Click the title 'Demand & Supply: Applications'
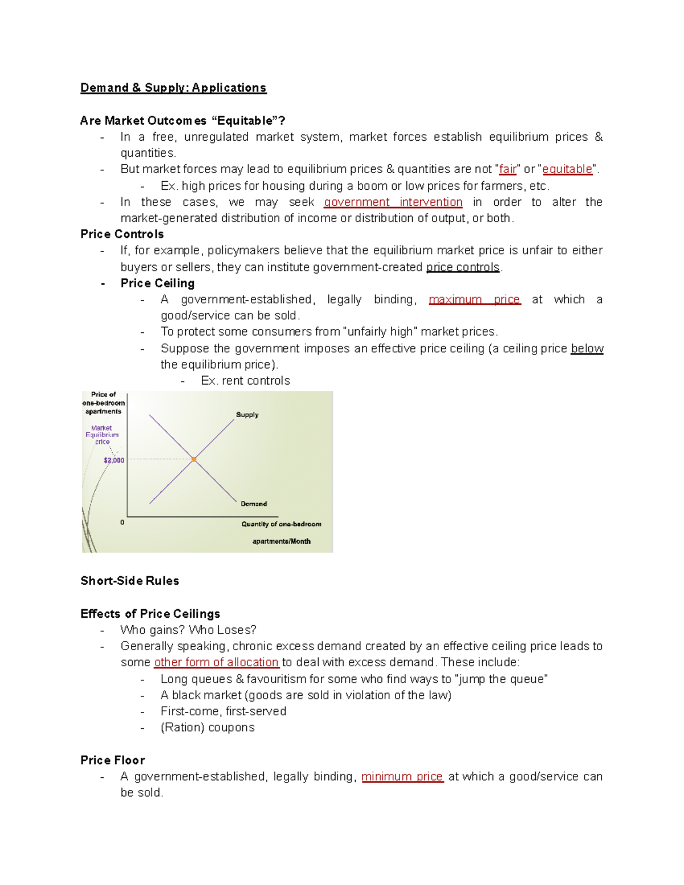coord(173,88)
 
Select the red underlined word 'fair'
coord(507,169)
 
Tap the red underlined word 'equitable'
coord(567,169)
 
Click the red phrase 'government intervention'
coord(393,202)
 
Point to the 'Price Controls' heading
coord(122,234)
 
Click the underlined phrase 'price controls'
coord(463,267)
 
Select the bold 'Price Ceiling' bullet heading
coord(157,283)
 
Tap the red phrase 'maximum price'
coord(474,300)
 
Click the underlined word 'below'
coord(587,348)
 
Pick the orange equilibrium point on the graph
coord(194,459)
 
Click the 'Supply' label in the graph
coord(247,415)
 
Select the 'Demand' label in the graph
coord(254,504)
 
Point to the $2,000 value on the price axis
coord(114,460)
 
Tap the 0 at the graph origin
coord(122,522)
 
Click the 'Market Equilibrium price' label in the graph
coord(102,435)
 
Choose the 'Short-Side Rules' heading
coord(129,581)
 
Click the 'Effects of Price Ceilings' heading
coord(150,614)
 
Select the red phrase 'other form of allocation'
coord(216,662)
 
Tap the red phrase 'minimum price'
coord(402,777)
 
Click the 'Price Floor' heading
coord(112,760)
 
